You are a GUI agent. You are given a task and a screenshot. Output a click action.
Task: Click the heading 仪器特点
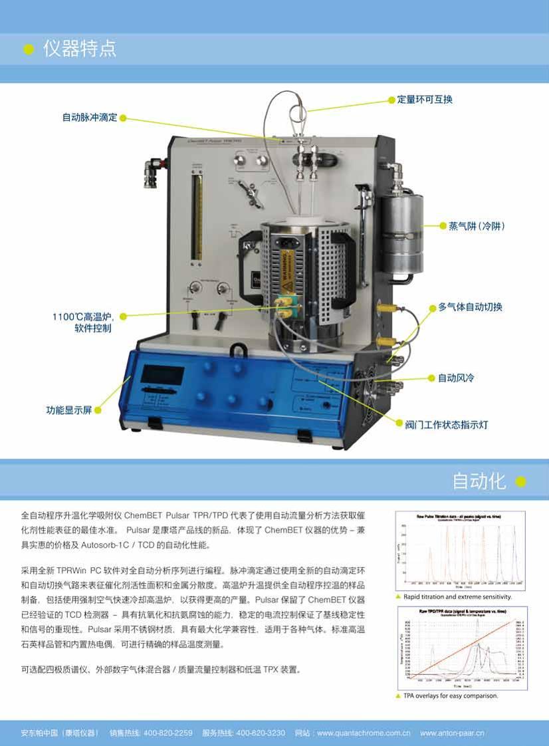[80, 49]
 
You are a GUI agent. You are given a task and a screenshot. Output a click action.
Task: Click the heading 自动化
[479, 481]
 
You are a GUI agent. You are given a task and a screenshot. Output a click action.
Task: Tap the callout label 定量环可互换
[425, 100]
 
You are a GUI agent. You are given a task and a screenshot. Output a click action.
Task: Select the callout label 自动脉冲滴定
[90, 118]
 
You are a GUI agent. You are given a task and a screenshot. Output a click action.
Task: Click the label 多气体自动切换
[470, 307]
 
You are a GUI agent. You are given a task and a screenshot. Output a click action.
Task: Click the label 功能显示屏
[68, 410]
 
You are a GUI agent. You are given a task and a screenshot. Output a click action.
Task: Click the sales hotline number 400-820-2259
[168, 733]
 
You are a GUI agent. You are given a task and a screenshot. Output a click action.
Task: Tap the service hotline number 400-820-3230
[261, 733]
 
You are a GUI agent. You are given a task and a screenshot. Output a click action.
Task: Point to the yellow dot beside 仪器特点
[28, 50]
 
